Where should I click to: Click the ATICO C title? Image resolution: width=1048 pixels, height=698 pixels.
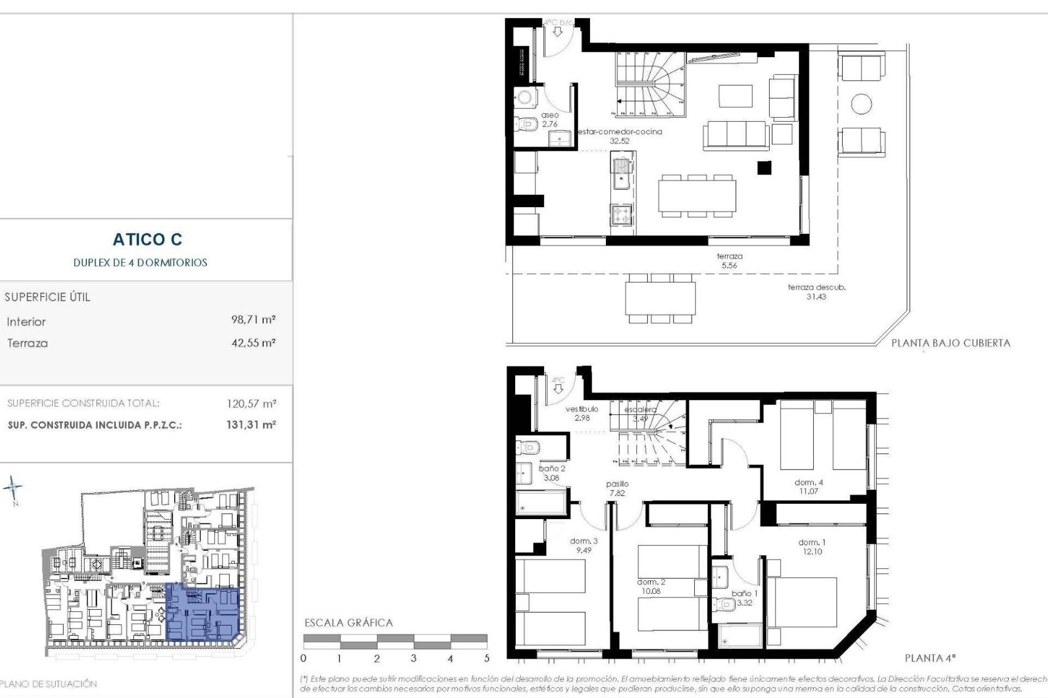coord(147,239)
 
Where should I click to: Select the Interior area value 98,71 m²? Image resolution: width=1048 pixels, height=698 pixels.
coord(253,320)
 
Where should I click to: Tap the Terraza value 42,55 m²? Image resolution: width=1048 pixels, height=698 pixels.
coord(253,343)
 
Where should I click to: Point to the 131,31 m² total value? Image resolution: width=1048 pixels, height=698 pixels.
coord(251,425)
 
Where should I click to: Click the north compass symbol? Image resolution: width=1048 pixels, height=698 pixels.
coord(13,488)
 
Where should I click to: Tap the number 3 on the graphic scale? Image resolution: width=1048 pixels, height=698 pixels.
coord(413,658)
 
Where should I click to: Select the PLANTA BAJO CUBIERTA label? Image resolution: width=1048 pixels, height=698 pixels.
coord(950,343)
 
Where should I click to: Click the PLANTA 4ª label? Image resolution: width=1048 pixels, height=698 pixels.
coord(930,658)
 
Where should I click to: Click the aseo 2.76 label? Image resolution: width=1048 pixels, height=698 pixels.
coord(550,119)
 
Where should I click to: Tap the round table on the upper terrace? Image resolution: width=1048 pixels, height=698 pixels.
coord(861,104)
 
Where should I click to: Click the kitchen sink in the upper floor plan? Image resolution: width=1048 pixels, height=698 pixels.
coord(621,173)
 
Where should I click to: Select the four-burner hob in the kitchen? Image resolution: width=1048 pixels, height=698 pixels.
coord(621,214)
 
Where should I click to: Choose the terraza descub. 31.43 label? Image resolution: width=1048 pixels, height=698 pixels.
coord(816,292)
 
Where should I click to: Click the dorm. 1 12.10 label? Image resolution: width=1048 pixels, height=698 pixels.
coord(812,547)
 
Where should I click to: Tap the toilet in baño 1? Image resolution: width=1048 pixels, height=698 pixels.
coord(727,604)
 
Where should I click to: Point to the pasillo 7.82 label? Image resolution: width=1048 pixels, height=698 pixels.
coord(617,488)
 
